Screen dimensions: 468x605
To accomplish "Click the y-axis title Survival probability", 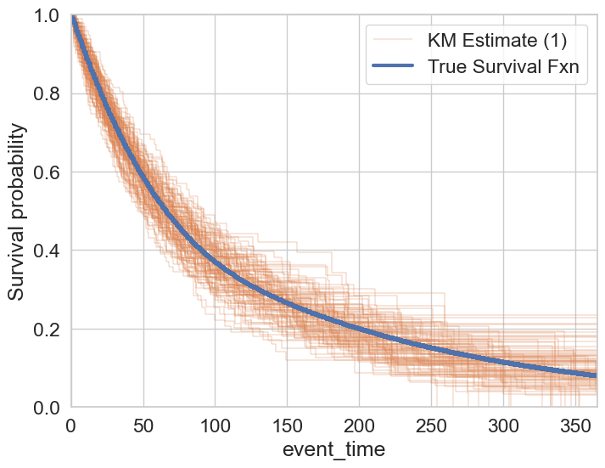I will pos(17,211).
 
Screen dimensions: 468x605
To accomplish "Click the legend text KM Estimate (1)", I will pos(496,39).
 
